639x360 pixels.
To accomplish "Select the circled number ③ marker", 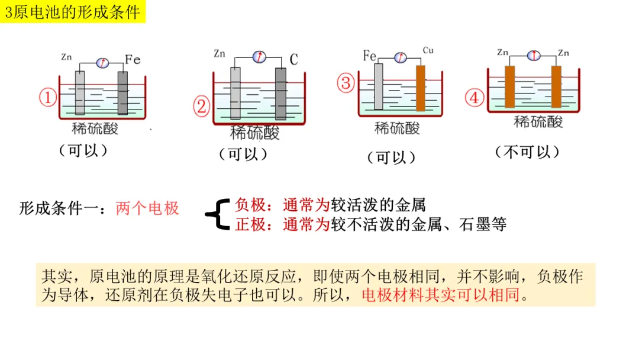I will (x=346, y=82).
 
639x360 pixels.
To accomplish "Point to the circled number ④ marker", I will (x=474, y=98).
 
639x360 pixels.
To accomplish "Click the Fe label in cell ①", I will (x=133, y=59).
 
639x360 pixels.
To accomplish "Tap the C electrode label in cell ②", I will (x=294, y=59).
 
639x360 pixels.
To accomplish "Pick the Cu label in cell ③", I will (x=428, y=50).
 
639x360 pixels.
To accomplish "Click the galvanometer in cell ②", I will (x=259, y=57).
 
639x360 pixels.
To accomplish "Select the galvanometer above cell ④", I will (x=534, y=55).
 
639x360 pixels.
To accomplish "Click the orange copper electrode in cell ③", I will (x=421, y=88).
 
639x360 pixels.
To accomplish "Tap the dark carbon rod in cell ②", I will (x=280, y=94).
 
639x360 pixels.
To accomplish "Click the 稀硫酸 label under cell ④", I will (x=538, y=122).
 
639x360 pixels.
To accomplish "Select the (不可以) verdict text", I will (x=527, y=152).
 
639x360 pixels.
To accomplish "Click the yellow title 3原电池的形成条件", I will (x=73, y=11).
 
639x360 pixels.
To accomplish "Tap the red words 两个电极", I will (x=147, y=208).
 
